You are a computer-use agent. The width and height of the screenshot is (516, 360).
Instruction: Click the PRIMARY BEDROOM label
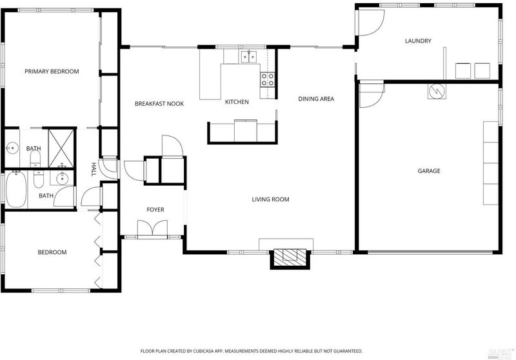tap(52, 72)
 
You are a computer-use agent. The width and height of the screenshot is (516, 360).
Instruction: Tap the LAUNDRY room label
tap(418, 41)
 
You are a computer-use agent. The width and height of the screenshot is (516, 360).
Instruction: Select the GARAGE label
tap(429, 171)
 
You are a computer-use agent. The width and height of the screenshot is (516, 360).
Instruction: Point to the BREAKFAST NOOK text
tap(159, 104)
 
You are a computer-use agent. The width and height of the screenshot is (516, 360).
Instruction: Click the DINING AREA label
tap(316, 99)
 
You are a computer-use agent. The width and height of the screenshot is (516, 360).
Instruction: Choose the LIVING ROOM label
tap(270, 199)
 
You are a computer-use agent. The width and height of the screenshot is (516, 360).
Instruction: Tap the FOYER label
tap(155, 210)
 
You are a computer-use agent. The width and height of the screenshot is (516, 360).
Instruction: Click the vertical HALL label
tap(94, 169)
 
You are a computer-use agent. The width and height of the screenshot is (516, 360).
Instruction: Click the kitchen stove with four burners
tap(268, 79)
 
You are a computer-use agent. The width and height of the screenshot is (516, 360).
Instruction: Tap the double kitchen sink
tap(248, 57)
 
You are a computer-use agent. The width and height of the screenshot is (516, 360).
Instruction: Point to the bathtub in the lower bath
tap(15, 189)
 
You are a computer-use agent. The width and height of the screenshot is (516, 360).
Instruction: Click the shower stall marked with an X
tap(61, 148)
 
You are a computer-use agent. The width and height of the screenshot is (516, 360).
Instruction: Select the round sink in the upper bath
tap(12, 148)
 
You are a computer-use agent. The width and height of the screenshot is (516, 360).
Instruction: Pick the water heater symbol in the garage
tap(437, 90)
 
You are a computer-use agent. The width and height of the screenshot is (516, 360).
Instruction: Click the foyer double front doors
tap(152, 228)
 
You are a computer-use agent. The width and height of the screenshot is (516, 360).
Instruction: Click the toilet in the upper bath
tap(35, 159)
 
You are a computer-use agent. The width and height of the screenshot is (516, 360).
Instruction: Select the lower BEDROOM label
tap(52, 252)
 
